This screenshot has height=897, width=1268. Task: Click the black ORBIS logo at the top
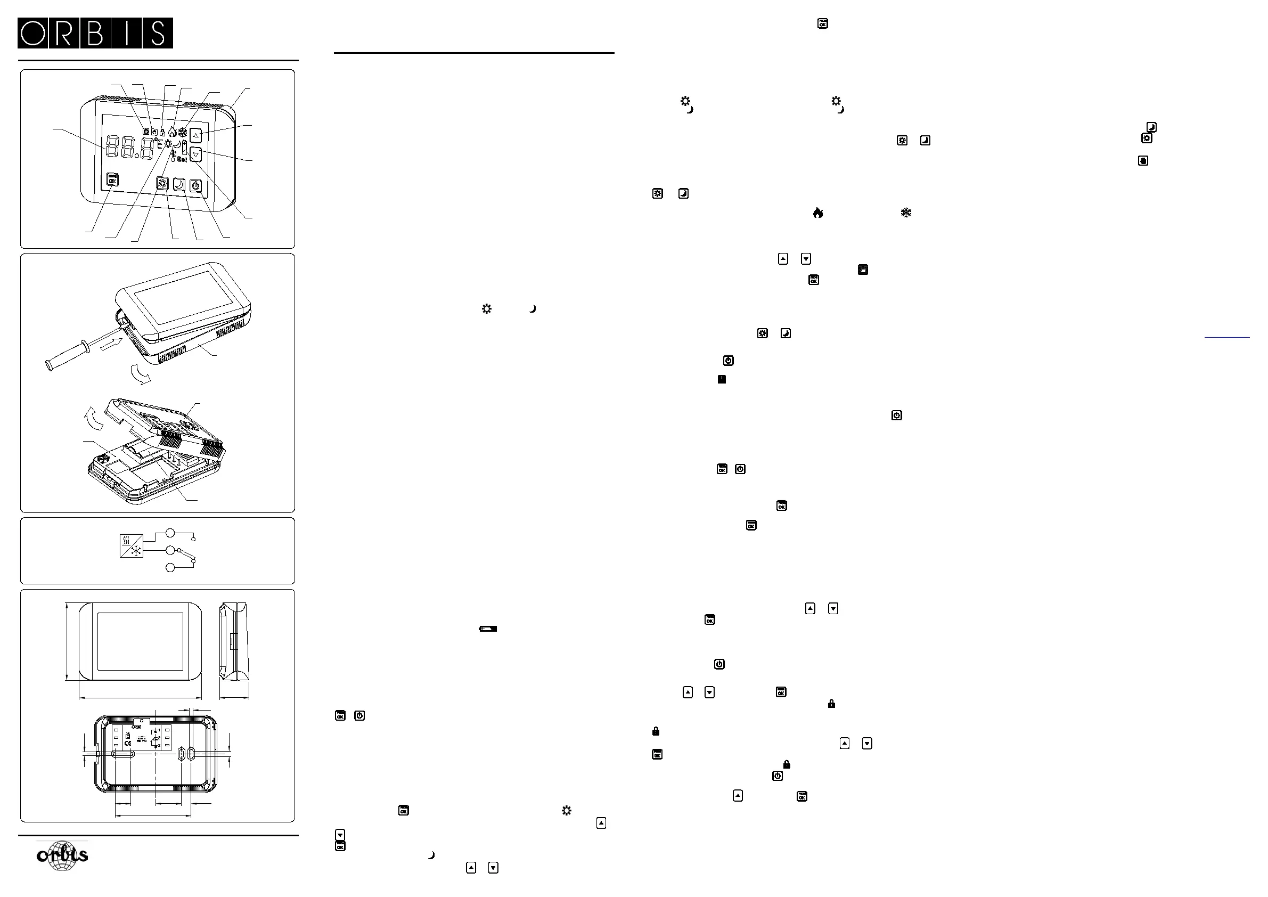coord(95,33)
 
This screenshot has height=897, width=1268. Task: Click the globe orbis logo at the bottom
coord(62,855)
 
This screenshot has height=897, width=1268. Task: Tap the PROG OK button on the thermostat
coord(113,180)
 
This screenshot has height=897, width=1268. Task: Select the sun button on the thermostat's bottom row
coord(162,183)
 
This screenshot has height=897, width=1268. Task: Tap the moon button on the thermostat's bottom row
coord(179,184)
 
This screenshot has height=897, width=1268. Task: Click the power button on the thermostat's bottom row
coord(195,185)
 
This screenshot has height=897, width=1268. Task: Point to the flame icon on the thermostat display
coord(173,132)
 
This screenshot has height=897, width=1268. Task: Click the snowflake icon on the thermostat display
coord(183,133)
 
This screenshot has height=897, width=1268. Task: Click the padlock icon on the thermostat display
coord(162,133)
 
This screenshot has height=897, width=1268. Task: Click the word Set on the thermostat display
coord(182,159)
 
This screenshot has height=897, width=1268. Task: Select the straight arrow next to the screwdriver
coord(112,348)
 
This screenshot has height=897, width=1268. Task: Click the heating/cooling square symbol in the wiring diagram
coord(132,546)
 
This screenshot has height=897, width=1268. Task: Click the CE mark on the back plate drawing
coord(128,743)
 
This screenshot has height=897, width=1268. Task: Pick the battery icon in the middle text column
coord(488,629)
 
